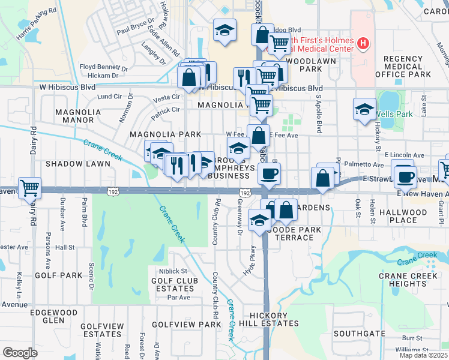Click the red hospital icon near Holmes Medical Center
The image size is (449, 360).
[363, 43]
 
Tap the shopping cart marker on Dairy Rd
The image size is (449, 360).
[29, 188]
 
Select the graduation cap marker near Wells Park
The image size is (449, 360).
[364, 110]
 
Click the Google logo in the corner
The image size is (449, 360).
[20, 353]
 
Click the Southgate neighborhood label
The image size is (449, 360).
[360, 333]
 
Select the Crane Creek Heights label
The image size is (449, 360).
[407, 280]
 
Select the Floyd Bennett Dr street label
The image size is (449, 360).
[104, 68]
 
